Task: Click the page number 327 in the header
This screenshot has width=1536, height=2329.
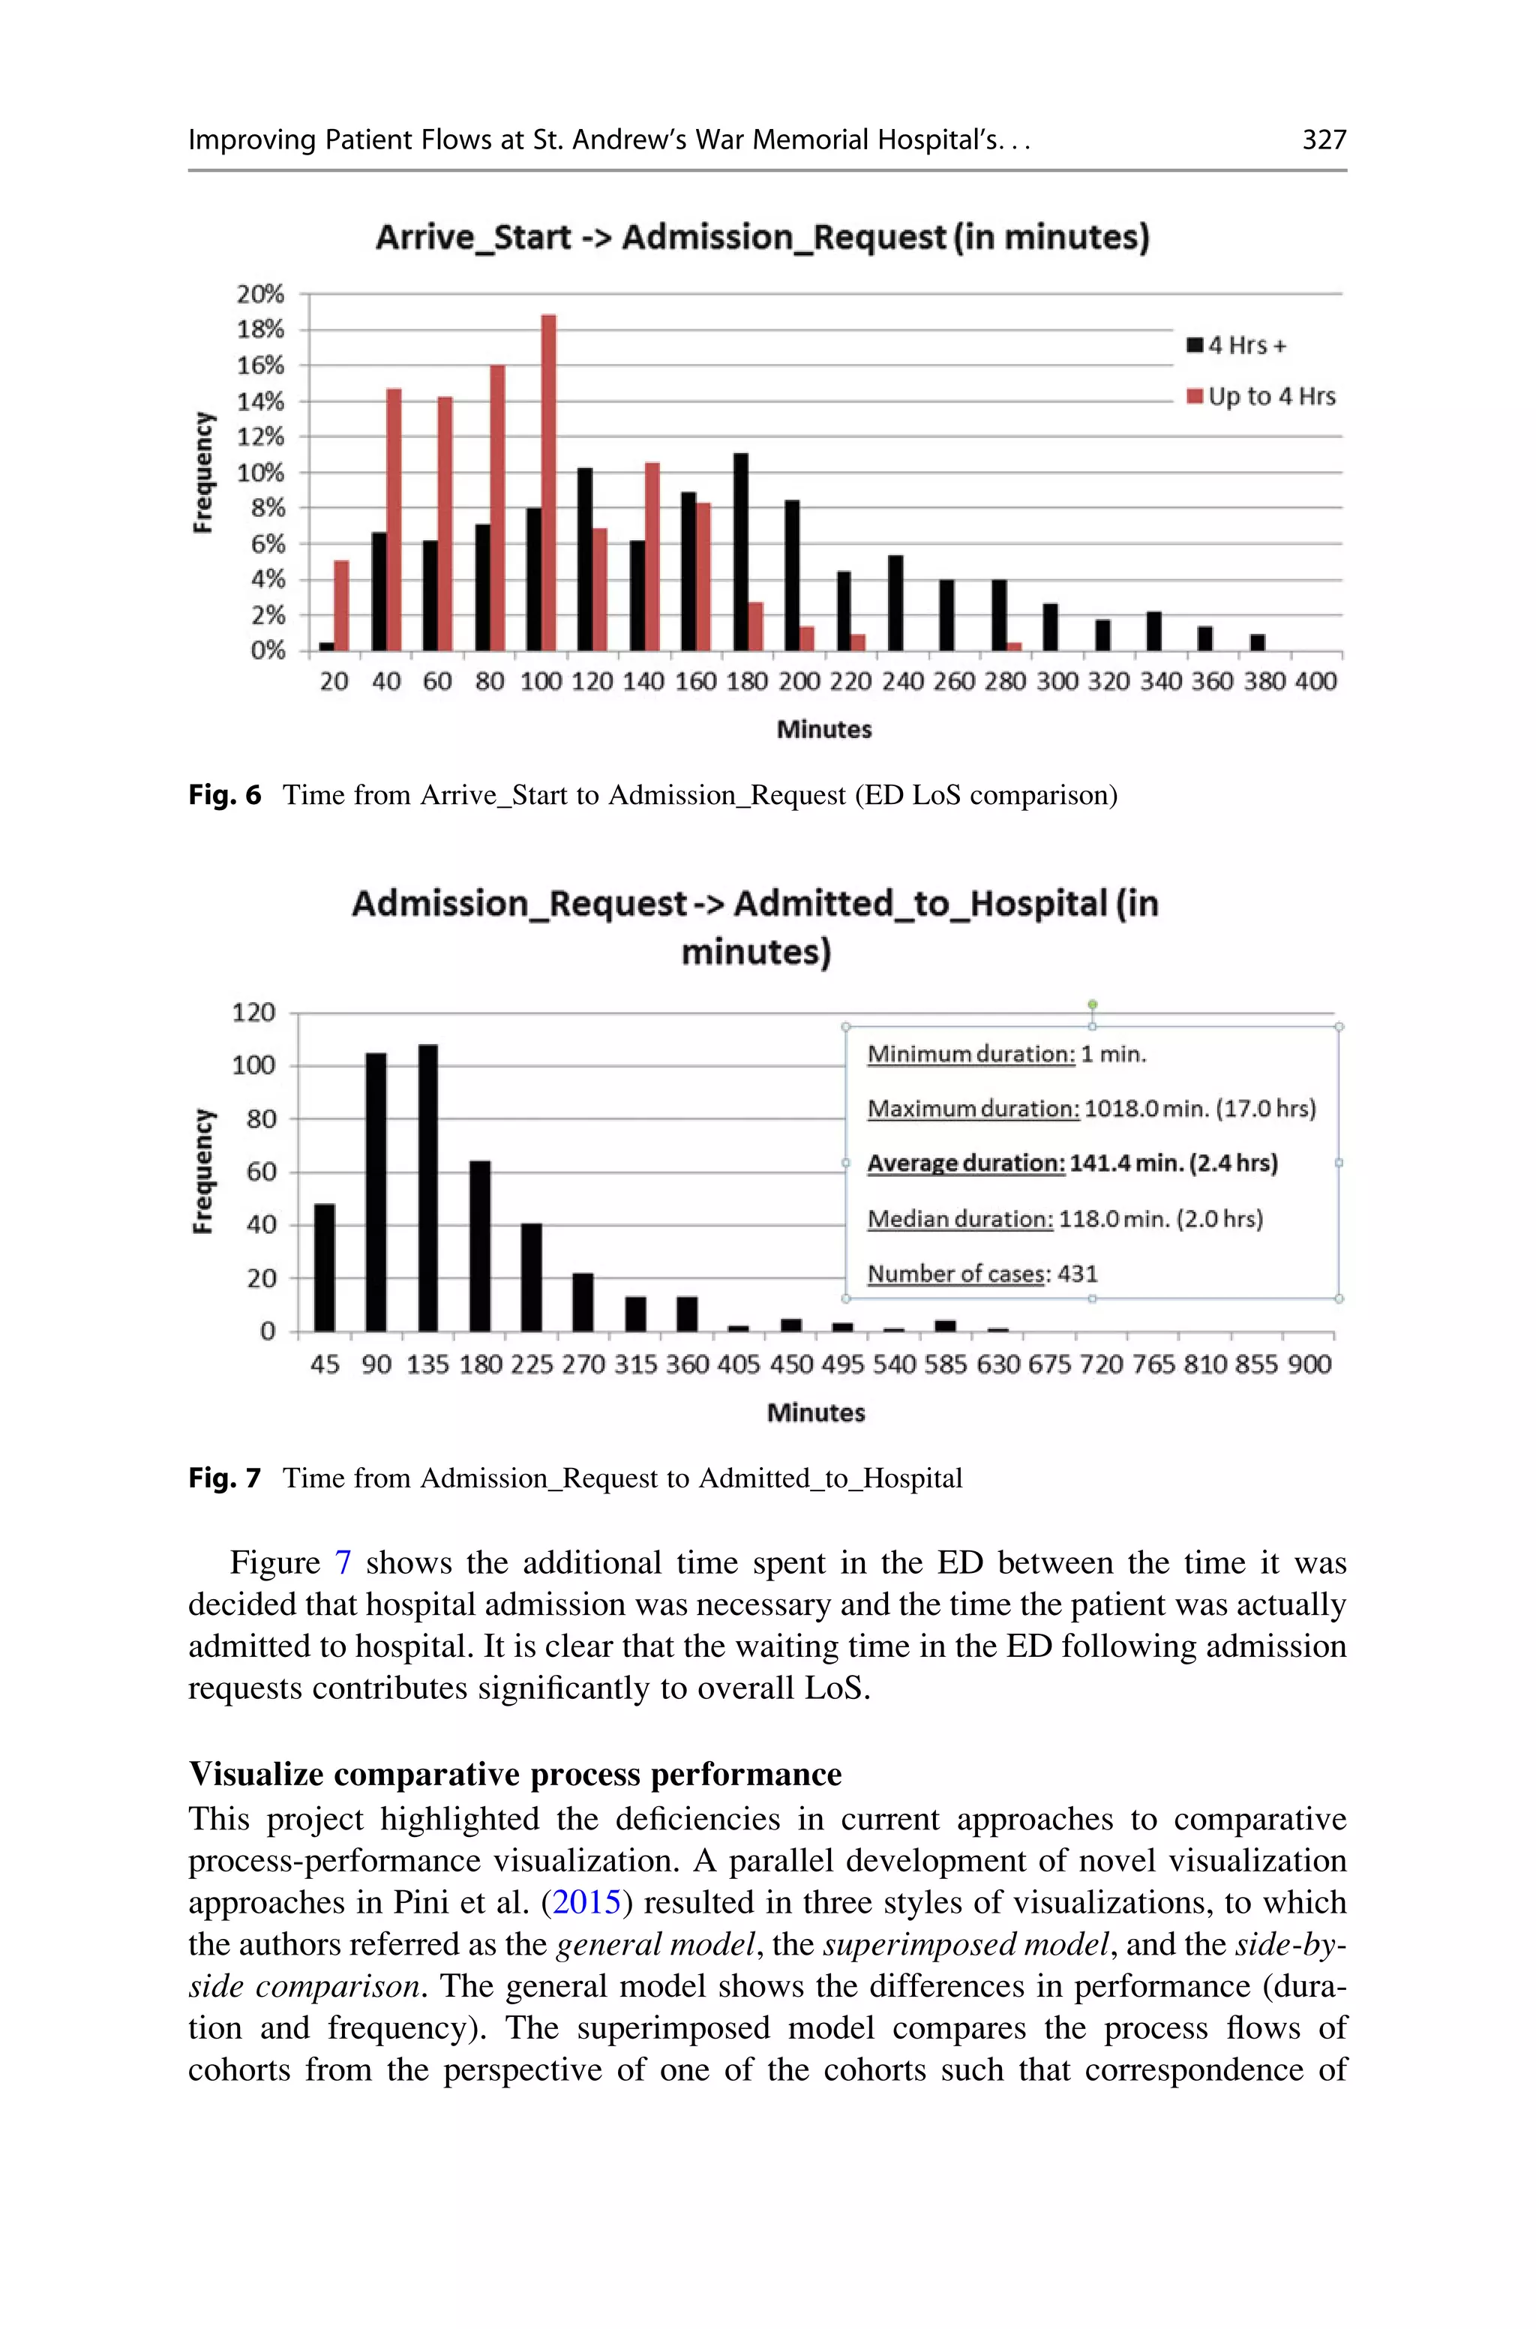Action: point(1324,140)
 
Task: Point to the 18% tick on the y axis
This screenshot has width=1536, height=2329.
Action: point(260,329)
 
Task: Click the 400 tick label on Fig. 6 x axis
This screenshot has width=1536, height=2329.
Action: point(1315,682)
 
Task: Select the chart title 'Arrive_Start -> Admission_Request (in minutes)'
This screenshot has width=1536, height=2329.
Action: point(762,237)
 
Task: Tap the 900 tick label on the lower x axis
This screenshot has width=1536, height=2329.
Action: point(1309,1364)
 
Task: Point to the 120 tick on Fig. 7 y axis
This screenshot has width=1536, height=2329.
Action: point(253,1013)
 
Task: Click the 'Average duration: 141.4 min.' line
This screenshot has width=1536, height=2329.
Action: point(1072,1163)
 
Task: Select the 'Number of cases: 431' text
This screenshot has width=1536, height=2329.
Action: point(982,1274)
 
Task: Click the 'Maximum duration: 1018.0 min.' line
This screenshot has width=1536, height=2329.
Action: point(1090,1109)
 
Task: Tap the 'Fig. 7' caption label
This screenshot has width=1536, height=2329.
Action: point(224,1478)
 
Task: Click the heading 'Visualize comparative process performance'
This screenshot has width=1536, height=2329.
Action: point(515,1774)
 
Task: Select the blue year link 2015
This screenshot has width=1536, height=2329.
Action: point(586,1902)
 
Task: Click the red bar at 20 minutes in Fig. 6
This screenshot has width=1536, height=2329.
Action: point(341,605)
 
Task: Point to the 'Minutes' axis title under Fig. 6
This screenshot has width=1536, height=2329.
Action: point(823,730)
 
